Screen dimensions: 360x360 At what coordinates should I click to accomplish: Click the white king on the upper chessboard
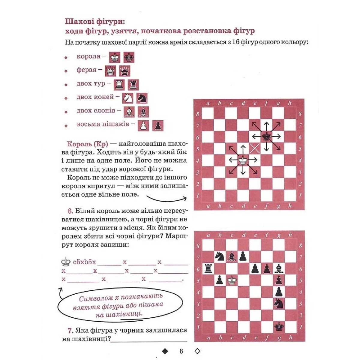(x=243, y=160)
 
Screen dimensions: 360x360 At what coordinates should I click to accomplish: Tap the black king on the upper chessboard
(x=266, y=137)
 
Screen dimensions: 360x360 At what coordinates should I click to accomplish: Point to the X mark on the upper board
(x=255, y=148)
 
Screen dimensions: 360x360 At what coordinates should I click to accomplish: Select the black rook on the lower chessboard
(x=208, y=268)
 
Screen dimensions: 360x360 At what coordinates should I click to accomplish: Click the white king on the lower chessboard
(x=231, y=280)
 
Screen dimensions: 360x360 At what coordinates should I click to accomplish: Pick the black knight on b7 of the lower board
(x=220, y=256)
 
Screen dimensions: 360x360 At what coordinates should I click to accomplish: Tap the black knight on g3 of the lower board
(x=279, y=303)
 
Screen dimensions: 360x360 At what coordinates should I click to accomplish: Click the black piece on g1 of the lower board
(x=279, y=326)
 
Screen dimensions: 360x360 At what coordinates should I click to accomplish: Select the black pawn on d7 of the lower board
(x=243, y=256)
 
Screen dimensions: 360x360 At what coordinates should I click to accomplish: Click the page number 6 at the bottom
(x=181, y=351)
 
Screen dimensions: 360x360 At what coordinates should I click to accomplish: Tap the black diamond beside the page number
(x=165, y=351)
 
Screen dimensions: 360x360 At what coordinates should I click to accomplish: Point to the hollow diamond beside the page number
(x=197, y=351)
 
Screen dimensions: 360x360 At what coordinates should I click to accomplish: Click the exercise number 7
(x=70, y=331)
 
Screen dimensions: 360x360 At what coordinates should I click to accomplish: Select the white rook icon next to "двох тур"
(x=119, y=85)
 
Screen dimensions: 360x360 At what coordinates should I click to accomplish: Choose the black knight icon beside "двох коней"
(x=142, y=98)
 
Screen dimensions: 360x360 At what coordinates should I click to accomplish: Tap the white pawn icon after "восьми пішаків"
(x=143, y=125)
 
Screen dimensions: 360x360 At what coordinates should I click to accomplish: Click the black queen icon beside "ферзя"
(x=124, y=71)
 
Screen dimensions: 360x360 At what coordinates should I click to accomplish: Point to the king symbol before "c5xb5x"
(x=66, y=262)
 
